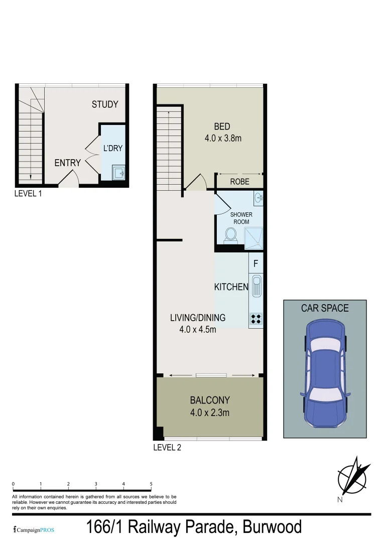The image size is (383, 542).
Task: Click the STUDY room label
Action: tap(105, 104)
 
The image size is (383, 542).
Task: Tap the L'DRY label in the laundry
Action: tap(113, 148)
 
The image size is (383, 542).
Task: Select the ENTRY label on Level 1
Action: tap(67, 163)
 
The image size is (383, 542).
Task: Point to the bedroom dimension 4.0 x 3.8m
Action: tap(223, 138)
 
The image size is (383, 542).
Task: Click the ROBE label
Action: tap(239, 182)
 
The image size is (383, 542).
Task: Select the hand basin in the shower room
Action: tap(259, 198)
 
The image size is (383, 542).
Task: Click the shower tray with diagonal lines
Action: tap(253, 237)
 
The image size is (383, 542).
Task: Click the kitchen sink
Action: tap(257, 287)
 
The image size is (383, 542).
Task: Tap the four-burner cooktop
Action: tap(256, 318)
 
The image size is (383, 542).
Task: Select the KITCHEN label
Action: tap(231, 287)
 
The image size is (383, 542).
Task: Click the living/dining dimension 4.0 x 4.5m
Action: tap(198, 330)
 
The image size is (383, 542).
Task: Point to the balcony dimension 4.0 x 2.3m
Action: tap(210, 413)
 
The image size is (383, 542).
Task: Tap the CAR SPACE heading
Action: tap(325, 308)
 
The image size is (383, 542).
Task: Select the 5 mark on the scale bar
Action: tap(151, 484)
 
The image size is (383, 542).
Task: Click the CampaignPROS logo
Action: tap(33, 529)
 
